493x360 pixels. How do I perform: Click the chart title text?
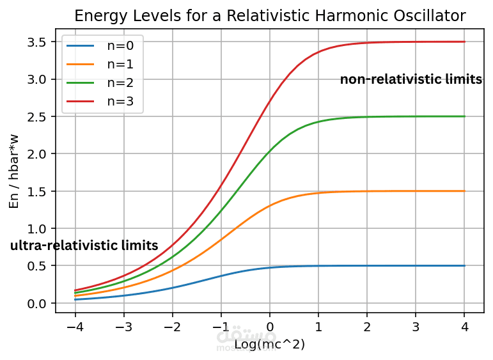(x=270, y=16)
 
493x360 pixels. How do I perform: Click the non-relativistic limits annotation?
(x=411, y=79)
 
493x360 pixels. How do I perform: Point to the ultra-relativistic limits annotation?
(x=84, y=246)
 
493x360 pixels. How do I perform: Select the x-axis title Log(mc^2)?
(x=269, y=345)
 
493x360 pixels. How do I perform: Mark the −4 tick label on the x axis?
(x=75, y=327)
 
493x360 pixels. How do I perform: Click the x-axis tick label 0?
(x=270, y=327)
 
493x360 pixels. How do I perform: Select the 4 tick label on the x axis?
(x=464, y=327)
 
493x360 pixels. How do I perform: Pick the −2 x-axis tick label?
(x=172, y=327)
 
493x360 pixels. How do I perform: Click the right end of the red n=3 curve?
(x=464, y=42)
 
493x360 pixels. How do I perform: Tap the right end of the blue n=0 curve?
(x=464, y=265)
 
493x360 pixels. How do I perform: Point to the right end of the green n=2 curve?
(x=464, y=116)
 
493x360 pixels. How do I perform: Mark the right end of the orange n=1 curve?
(x=464, y=191)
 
